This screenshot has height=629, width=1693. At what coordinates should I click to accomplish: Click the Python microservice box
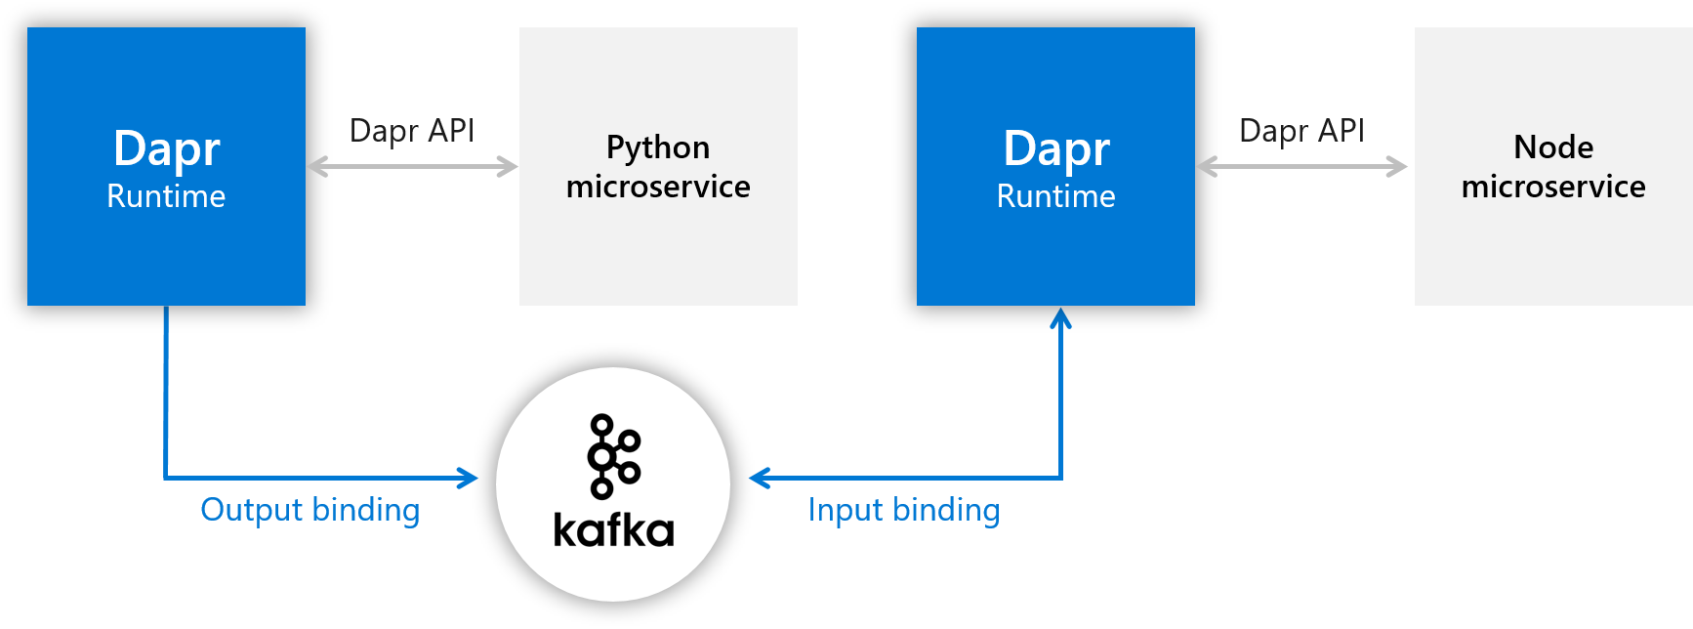coord(658,166)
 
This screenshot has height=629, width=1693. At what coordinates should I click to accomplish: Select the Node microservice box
coord(1553,166)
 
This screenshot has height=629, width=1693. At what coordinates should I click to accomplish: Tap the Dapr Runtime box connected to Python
coord(166,166)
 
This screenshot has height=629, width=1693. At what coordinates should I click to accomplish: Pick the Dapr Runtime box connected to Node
coord(1055,166)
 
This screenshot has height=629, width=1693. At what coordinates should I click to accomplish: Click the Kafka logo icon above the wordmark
coord(613,456)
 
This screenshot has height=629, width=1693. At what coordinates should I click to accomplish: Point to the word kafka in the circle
coord(613,529)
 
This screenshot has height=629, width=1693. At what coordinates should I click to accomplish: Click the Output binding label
coord(310,510)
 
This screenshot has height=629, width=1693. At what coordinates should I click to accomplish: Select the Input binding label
coord(904,510)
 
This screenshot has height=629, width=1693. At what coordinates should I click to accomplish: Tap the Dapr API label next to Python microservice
coord(412,131)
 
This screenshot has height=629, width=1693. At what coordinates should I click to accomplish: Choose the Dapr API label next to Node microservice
coord(1301,131)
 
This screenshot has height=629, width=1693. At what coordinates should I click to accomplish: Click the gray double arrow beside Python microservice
coord(413,167)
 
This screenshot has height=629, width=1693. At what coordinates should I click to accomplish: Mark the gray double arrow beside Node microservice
coord(1302,167)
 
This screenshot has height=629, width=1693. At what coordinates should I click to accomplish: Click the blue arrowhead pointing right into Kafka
coord(469,478)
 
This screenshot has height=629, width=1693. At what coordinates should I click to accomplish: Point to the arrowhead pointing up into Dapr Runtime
coord(1061,318)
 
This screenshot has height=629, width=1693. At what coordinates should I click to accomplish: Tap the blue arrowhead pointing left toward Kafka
coord(760,478)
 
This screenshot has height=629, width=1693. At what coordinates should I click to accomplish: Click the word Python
coord(658,148)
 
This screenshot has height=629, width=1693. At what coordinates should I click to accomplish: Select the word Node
coord(1553,147)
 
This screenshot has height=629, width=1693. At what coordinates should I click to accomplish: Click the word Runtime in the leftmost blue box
coord(166,196)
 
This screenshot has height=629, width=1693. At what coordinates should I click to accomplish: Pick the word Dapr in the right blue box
coord(1056,149)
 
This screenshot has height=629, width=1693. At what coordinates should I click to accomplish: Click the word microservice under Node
coord(1553,187)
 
